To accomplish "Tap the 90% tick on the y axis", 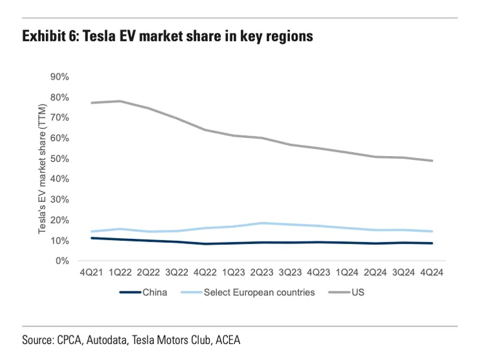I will coord(60,76).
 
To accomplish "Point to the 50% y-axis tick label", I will coord(60,159).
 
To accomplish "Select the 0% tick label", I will coord(62,261).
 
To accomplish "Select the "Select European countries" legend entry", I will coord(259,292).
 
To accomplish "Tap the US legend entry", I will coord(359,292).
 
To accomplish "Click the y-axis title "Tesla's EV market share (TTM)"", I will coord(42,169).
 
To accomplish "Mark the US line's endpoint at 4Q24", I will coord(432,161).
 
